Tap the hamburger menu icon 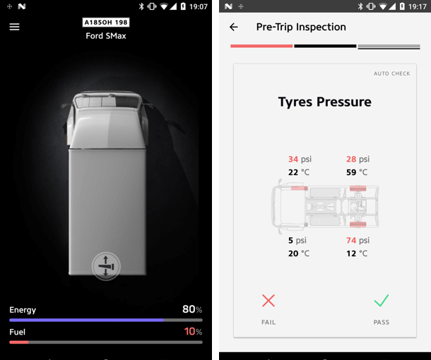click(x=14, y=27)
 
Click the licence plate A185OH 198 click(x=106, y=23)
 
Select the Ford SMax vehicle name click(x=106, y=36)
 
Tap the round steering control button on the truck click(x=106, y=266)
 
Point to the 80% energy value click(x=192, y=309)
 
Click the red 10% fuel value click(x=193, y=332)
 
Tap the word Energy click(x=23, y=310)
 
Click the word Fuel click(x=18, y=332)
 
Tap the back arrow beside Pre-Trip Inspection click(x=234, y=27)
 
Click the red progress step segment click(x=261, y=46)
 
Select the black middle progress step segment click(x=325, y=46)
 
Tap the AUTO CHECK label click(x=391, y=73)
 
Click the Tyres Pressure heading click(x=324, y=102)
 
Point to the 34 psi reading click(x=300, y=160)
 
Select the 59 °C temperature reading click(x=357, y=172)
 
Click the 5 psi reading click(x=297, y=241)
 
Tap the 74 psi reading click(x=358, y=241)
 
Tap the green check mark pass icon click(x=382, y=301)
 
